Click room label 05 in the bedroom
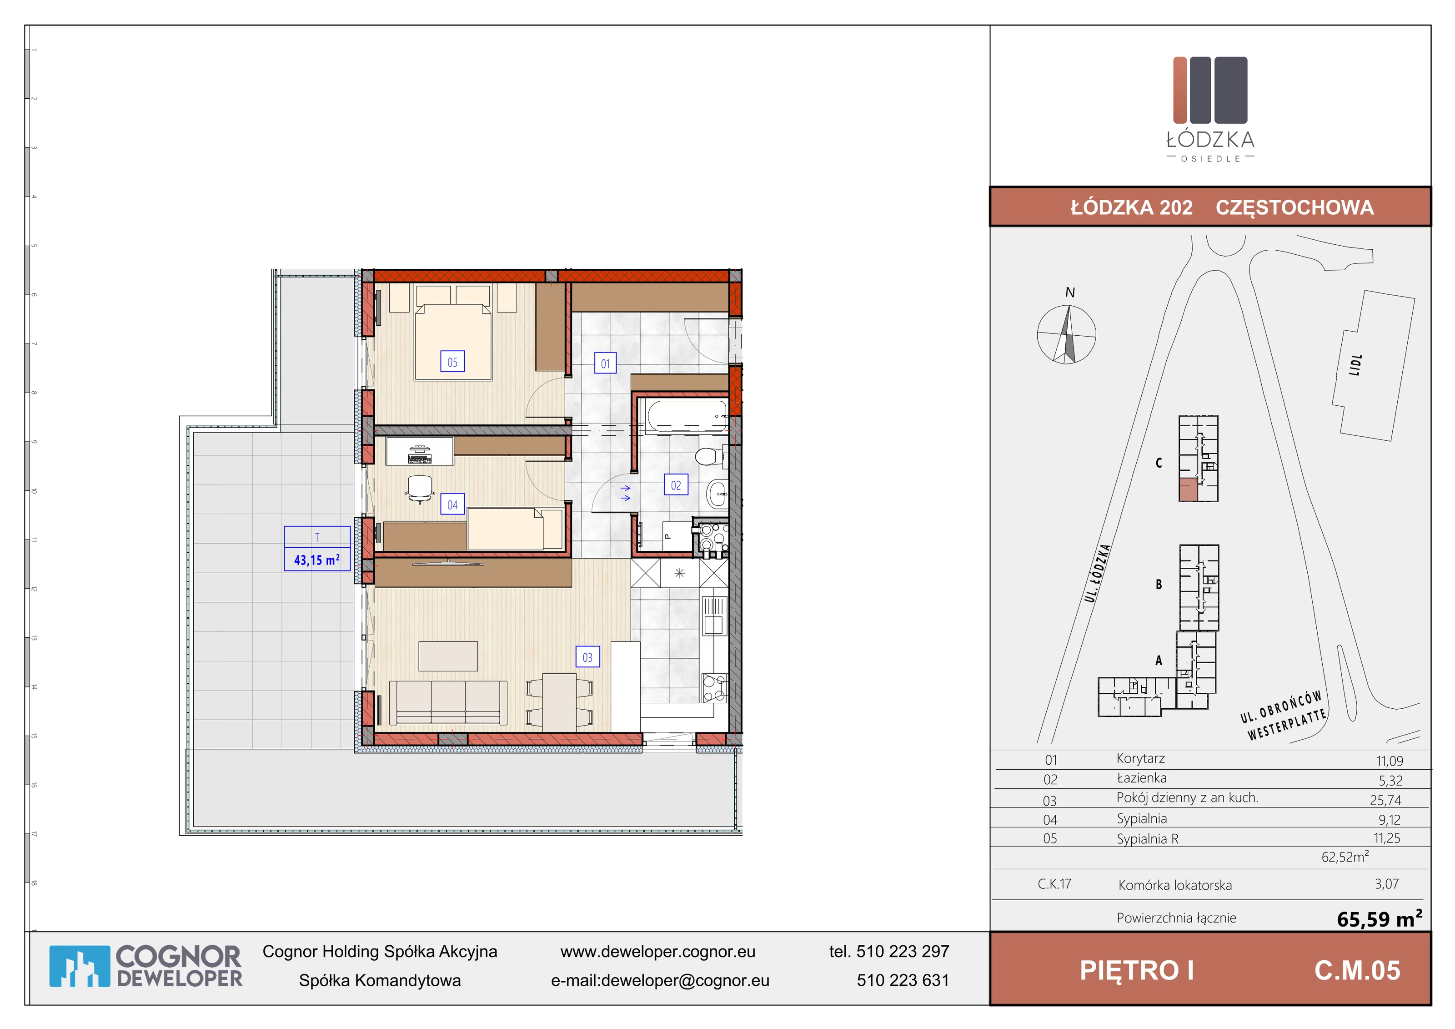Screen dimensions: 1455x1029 click(x=452, y=362)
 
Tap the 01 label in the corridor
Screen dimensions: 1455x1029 click(x=605, y=363)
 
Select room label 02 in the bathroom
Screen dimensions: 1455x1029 click(x=676, y=485)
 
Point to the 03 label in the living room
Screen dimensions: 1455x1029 click(x=587, y=657)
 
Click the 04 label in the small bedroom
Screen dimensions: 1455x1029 click(x=452, y=504)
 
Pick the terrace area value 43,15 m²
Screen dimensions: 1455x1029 click(x=317, y=560)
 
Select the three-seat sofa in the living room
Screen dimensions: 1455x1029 click(x=448, y=702)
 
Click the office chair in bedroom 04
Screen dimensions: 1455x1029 click(x=420, y=488)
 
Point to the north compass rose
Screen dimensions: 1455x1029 click(x=1067, y=334)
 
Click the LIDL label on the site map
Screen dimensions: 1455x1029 click(x=1355, y=365)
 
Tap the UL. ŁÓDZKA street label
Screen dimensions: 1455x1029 click(x=1098, y=573)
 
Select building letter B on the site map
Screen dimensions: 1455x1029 click(x=1159, y=584)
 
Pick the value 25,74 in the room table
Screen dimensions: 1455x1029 click(x=1385, y=800)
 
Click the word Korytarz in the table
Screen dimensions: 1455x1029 click(x=1141, y=758)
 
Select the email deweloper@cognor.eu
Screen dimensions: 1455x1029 click(x=685, y=980)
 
